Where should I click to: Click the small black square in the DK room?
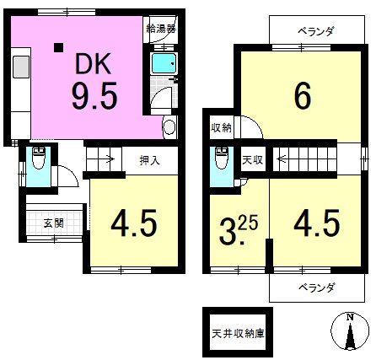pos(57,47)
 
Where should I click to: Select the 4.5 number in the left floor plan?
pos(133,225)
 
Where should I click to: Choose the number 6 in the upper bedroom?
pos(302,96)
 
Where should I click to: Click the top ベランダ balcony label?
pos(315,31)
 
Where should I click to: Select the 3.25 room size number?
pos(236,228)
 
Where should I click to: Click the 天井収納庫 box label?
pos(237,332)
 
